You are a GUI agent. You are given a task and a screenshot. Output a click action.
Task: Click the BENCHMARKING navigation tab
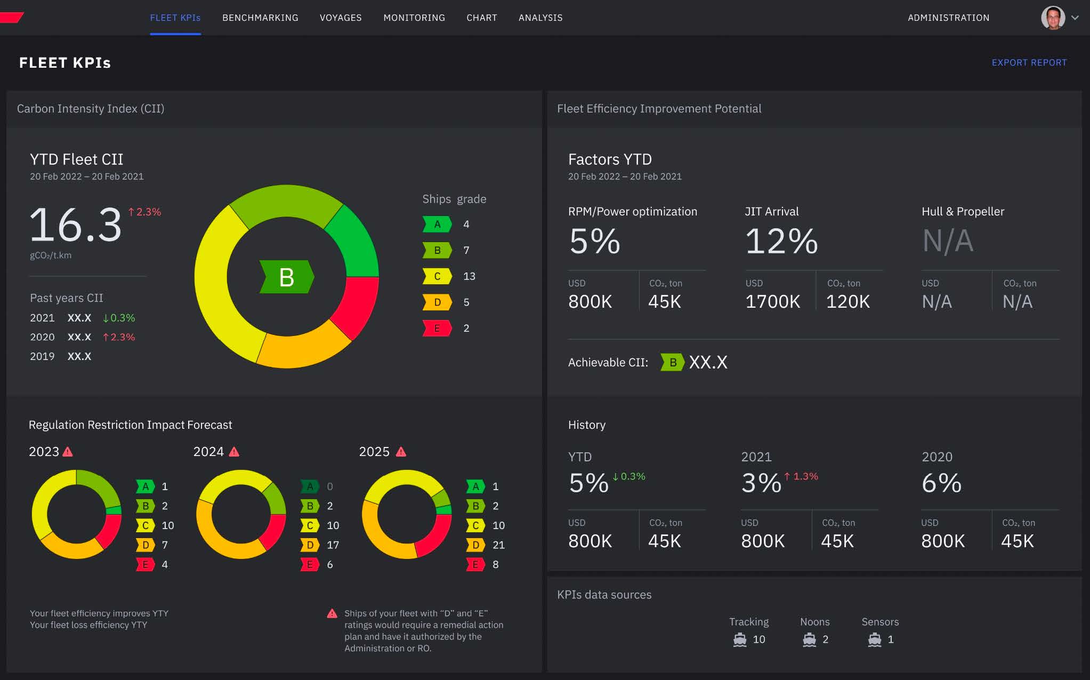pyautogui.click(x=260, y=18)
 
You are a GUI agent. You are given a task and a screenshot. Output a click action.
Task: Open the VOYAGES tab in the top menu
pyautogui.click(x=341, y=18)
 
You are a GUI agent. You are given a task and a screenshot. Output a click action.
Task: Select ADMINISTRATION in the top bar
pyautogui.click(x=948, y=18)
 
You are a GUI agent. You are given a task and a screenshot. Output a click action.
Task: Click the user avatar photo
pyautogui.click(x=1053, y=18)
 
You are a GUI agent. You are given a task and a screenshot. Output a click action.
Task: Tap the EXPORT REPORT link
pyautogui.click(x=1029, y=62)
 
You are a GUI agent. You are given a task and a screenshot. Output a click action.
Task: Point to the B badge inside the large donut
pyautogui.click(x=287, y=277)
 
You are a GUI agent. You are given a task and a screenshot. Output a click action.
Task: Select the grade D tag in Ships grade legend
pyautogui.click(x=437, y=302)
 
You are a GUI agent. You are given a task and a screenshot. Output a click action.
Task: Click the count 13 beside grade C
pyautogui.click(x=469, y=276)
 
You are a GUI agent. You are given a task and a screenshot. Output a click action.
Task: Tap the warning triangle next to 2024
pyautogui.click(x=234, y=452)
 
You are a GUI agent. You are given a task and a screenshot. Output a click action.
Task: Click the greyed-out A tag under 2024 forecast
pyautogui.click(x=310, y=486)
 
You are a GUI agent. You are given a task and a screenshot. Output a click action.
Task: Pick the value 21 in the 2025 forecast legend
pyautogui.click(x=498, y=545)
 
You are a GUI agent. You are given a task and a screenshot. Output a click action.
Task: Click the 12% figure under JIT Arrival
pyautogui.click(x=781, y=241)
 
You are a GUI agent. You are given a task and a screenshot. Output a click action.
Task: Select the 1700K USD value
pyautogui.click(x=772, y=302)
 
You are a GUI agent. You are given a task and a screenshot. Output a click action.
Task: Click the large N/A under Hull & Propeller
pyautogui.click(x=948, y=241)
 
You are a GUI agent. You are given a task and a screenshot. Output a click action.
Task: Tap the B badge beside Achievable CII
pyautogui.click(x=673, y=363)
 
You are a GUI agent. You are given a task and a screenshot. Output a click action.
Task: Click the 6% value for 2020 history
pyautogui.click(x=941, y=483)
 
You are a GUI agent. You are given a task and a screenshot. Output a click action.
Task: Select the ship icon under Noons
pyautogui.click(x=809, y=639)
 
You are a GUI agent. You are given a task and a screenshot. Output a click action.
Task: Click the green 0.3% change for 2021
pyautogui.click(x=119, y=318)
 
